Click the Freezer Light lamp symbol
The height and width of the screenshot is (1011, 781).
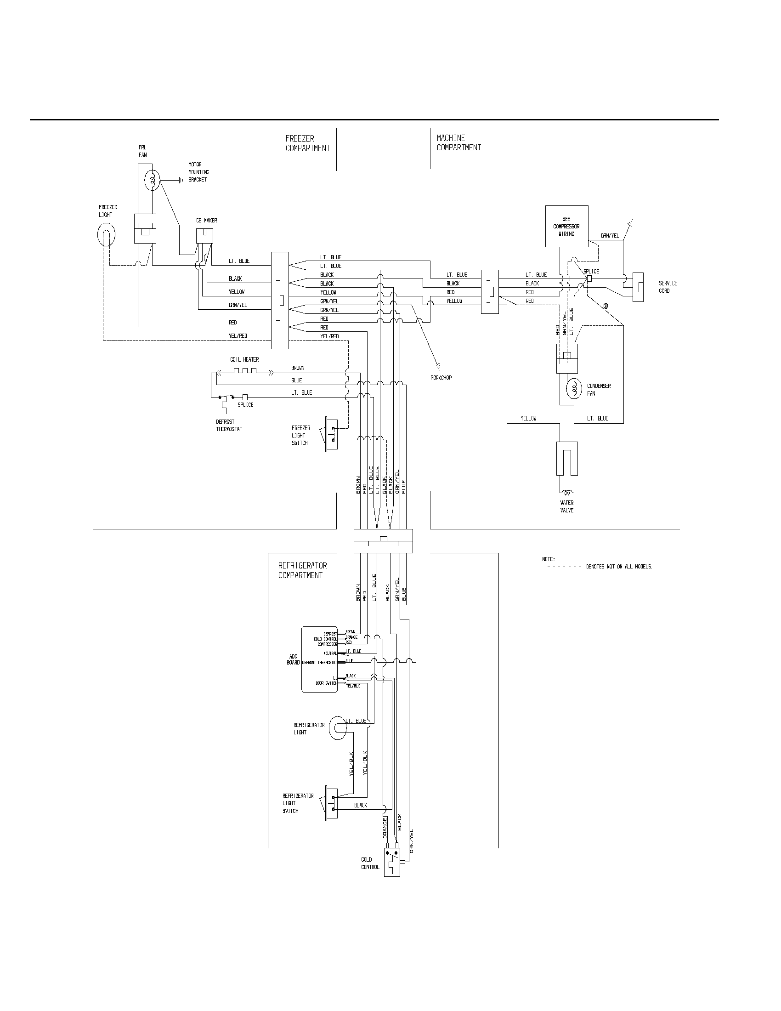[106, 235]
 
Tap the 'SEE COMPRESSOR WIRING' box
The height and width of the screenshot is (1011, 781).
[566, 226]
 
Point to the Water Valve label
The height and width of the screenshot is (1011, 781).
[566, 506]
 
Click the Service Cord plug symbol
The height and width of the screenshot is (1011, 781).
[638, 287]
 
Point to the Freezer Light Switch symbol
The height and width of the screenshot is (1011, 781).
[332, 434]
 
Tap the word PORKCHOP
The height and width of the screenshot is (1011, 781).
[441, 378]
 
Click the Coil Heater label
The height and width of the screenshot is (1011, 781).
[244, 359]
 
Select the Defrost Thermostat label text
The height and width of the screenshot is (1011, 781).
[229, 426]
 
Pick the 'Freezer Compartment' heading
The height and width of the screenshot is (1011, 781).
[307, 143]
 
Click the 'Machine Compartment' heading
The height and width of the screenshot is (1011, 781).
[458, 142]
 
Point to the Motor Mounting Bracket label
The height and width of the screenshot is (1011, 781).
[198, 172]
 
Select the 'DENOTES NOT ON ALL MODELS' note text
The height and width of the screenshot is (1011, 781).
[619, 567]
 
